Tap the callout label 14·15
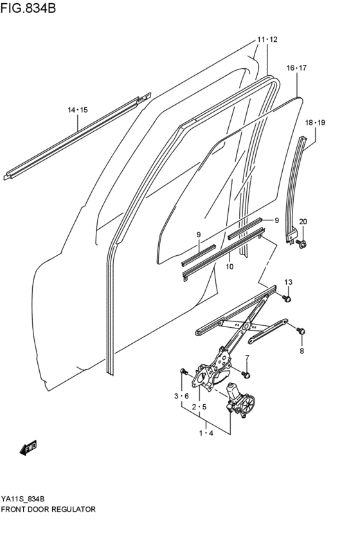78,111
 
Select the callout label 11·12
267,40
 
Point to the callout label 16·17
296,67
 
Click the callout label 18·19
315,122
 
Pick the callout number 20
303,222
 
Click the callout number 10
228,266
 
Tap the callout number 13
288,282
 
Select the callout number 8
301,351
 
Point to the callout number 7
246,358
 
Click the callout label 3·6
182,395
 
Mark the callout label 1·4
206,434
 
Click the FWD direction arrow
29,447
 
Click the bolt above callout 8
300,330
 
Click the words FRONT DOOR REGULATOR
48,508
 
